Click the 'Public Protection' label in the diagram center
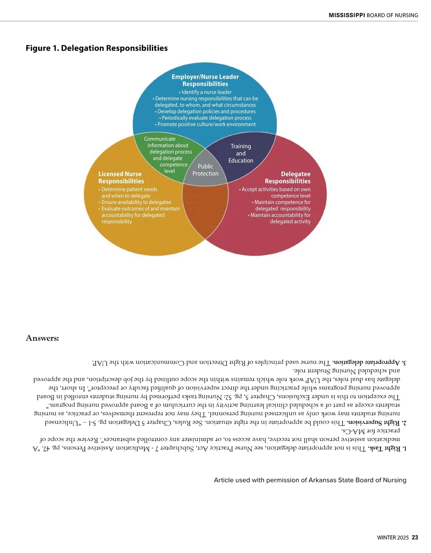205,170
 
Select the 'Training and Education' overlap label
241,153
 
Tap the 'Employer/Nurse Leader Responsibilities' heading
205,80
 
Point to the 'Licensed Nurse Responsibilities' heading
121,177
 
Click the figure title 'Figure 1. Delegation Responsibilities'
97,48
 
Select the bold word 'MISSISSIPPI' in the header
347,15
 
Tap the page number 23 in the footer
415,538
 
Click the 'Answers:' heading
42,338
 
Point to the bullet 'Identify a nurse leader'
205,92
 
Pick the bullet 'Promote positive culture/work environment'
205,124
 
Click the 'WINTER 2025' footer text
393,538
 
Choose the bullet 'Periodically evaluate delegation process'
205,118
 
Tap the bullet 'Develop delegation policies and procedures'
205,111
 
